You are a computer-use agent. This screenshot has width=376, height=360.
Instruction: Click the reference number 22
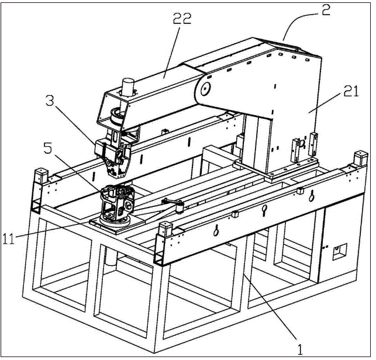182,19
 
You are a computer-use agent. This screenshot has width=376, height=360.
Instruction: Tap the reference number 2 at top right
326,9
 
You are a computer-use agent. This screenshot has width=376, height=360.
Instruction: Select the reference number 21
351,91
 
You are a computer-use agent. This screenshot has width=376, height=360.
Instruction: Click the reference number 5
47,148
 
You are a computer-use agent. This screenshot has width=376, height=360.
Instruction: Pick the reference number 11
9,239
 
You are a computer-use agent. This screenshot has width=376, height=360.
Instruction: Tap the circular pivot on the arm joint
205,89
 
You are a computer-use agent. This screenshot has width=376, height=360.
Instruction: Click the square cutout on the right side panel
339,252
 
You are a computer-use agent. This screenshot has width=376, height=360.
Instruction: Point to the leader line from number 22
171,52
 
